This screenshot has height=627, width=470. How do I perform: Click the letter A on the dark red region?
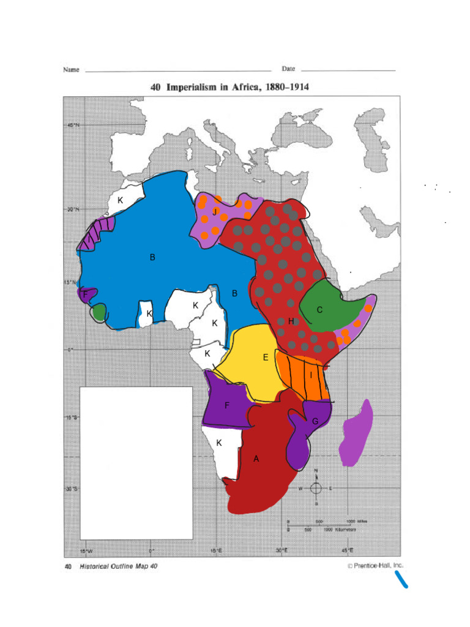(x=256, y=459)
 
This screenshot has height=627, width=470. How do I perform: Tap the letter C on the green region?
(x=319, y=310)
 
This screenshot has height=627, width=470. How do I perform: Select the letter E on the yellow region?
(x=266, y=358)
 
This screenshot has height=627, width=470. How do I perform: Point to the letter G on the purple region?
(x=315, y=421)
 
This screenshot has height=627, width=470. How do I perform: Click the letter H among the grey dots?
(x=291, y=321)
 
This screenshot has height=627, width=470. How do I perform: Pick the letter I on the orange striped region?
(x=311, y=375)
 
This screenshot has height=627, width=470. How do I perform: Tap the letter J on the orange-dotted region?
(x=215, y=212)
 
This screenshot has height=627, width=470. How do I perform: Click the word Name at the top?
(x=71, y=69)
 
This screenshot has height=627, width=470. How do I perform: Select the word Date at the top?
(x=288, y=69)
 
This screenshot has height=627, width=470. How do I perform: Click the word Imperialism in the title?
(x=195, y=88)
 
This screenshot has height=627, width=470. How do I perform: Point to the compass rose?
(x=316, y=488)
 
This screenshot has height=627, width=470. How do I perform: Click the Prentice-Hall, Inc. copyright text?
(x=375, y=566)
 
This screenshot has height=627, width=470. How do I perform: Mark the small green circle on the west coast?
(x=99, y=311)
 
